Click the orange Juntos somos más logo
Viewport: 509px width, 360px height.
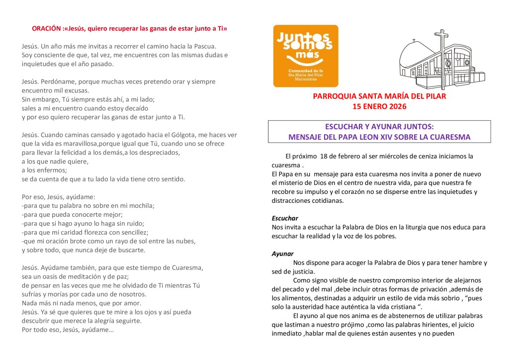306,56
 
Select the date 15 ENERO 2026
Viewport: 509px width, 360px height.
379,106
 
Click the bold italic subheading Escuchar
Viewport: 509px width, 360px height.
285,218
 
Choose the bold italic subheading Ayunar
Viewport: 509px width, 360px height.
282,254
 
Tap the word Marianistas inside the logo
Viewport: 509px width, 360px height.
306,78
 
